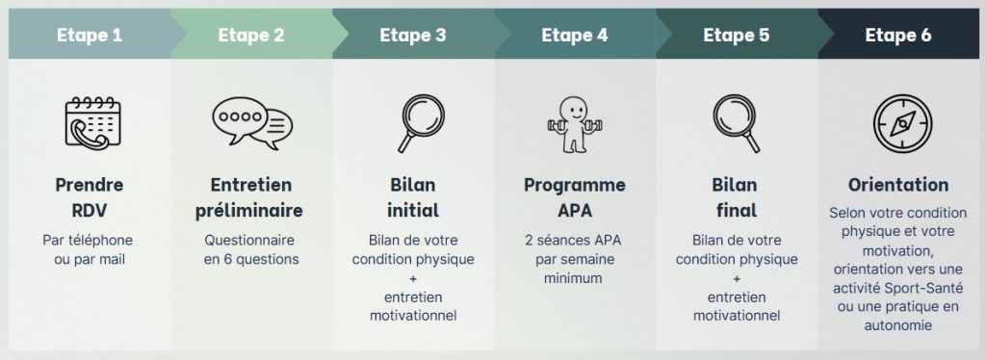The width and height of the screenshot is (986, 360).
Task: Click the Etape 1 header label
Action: point(89,36)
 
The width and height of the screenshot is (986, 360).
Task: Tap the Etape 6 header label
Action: point(897,36)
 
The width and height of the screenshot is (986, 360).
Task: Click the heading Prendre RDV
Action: point(89,197)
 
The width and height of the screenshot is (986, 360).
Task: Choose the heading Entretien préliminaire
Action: point(250,197)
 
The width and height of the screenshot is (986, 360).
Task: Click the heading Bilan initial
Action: point(413,197)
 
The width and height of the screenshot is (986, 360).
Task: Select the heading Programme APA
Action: point(575,197)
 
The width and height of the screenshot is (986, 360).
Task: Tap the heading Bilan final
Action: point(737,197)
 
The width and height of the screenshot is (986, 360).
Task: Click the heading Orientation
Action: point(898,185)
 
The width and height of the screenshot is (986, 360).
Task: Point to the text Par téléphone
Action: point(89,240)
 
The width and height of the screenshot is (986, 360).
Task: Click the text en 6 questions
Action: point(251,259)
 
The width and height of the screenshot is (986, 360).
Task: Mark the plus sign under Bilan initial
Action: point(413,278)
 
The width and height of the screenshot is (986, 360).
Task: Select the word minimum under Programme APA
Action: point(575,278)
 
